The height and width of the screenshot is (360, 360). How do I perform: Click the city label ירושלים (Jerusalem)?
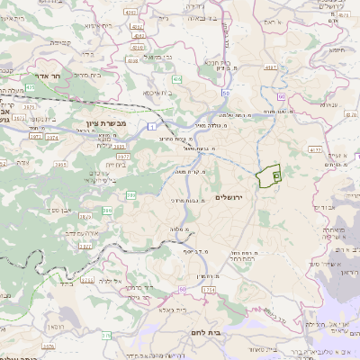[x=232, y=197]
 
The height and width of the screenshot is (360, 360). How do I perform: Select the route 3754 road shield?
[x=209, y=289]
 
